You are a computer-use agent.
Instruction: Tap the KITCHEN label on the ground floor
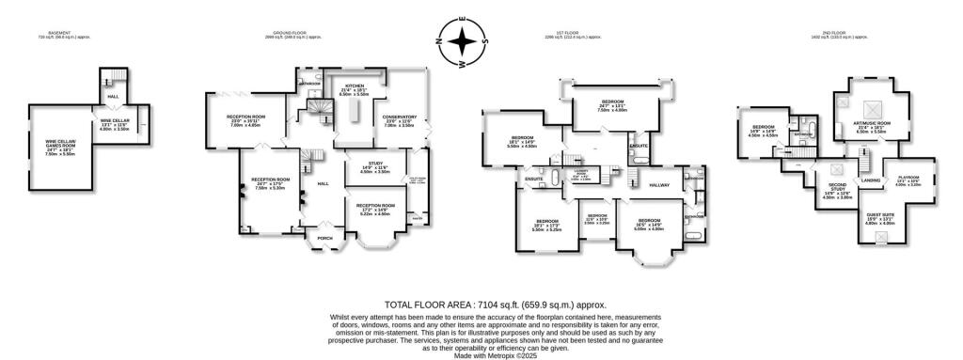357,85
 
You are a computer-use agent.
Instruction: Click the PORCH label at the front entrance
325,238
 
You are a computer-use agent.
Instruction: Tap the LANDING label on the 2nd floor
871,180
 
